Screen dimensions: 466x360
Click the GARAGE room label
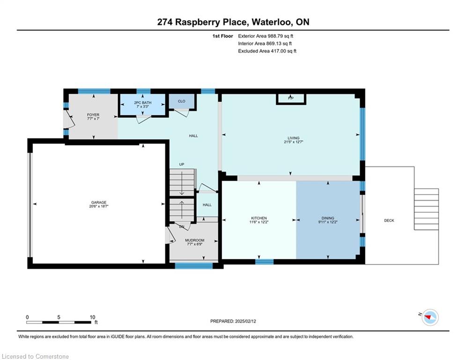(99, 202)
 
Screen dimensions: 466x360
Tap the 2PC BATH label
(143, 103)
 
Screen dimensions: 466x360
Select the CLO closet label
(182, 101)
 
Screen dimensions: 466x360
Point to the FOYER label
(93, 114)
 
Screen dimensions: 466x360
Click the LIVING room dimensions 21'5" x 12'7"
(293, 142)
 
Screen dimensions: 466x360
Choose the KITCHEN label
(259, 218)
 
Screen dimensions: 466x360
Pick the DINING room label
(328, 218)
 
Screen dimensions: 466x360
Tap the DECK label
(389, 220)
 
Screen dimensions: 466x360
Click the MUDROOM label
(195, 240)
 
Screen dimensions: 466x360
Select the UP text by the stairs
(182, 164)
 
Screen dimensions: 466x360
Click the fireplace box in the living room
(291, 99)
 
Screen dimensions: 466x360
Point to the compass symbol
(430, 317)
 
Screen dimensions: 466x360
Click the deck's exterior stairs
(427, 209)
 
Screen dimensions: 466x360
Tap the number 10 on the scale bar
(92, 317)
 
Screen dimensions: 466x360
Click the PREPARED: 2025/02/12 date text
(233, 321)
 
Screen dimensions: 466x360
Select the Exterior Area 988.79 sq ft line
(266, 36)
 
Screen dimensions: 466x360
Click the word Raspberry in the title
(211, 22)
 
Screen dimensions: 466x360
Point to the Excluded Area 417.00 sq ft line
(267, 51)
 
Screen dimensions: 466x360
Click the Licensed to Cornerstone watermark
(36, 356)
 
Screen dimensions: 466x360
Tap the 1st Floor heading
(222, 36)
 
